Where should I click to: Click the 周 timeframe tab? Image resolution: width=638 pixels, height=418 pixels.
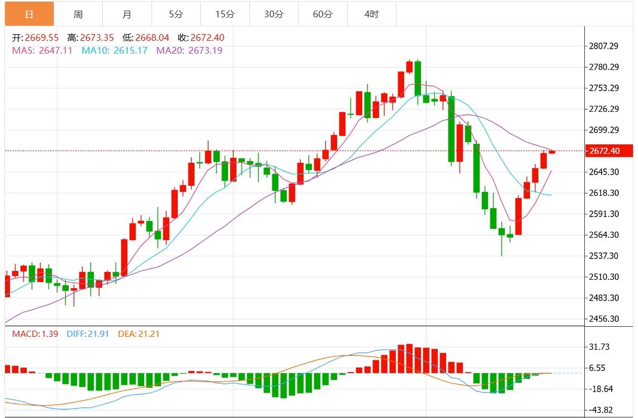pyautogui.click(x=78, y=14)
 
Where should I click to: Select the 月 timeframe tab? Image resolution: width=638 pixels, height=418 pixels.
pyautogui.click(x=127, y=14)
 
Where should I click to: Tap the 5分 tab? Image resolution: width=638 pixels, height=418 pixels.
pyautogui.click(x=176, y=14)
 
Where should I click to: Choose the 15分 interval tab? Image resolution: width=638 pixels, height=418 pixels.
pyautogui.click(x=225, y=14)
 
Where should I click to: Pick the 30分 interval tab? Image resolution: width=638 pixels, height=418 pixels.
pyautogui.click(x=273, y=14)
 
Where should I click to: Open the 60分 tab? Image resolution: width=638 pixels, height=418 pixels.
pyautogui.click(x=323, y=14)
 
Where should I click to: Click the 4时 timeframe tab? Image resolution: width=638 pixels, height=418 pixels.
pyautogui.click(x=371, y=14)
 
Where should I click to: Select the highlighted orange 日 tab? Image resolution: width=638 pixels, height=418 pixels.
pyautogui.click(x=29, y=14)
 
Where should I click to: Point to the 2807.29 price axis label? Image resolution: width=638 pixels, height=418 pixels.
pyautogui.click(x=603, y=46)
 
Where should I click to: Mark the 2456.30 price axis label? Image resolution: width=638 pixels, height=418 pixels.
pyautogui.click(x=603, y=319)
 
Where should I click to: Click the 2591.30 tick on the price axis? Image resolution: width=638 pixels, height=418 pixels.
pyautogui.click(x=603, y=214)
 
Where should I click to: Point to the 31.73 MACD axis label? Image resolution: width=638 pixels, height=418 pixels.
pyautogui.click(x=599, y=347)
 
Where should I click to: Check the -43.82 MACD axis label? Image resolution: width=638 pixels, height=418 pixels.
pyautogui.click(x=599, y=410)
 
